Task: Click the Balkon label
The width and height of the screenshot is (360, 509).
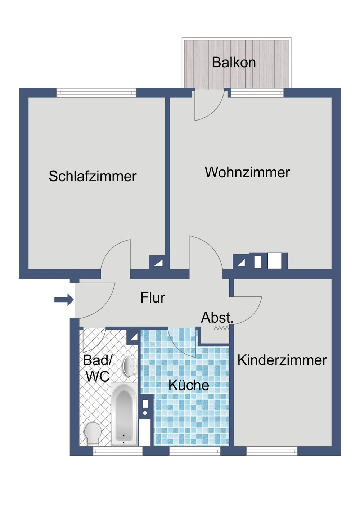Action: click(x=234, y=63)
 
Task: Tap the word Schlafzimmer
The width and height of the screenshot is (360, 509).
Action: click(x=93, y=176)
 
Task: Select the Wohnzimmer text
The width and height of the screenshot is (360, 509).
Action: click(x=247, y=172)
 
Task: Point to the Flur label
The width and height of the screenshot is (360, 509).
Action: click(x=153, y=298)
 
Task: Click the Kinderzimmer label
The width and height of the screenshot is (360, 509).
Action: click(x=282, y=360)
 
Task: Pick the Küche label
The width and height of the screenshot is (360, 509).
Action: click(x=189, y=385)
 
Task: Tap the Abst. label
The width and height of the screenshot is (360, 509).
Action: click(x=217, y=318)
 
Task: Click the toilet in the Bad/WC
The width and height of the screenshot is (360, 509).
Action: click(x=93, y=432)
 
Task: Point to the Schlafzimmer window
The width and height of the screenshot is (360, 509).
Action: click(x=96, y=93)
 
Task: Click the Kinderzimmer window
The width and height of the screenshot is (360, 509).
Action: click(x=272, y=451)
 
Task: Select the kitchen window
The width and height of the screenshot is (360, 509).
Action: click(x=195, y=451)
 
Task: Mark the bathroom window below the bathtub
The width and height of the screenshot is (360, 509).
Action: click(x=118, y=451)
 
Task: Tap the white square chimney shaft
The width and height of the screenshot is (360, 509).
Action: click(x=274, y=261)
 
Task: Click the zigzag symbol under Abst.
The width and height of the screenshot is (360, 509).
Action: click(x=221, y=328)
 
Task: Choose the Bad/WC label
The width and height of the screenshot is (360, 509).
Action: click(x=97, y=368)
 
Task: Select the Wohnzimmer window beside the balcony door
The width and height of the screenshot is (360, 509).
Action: click(x=257, y=93)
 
